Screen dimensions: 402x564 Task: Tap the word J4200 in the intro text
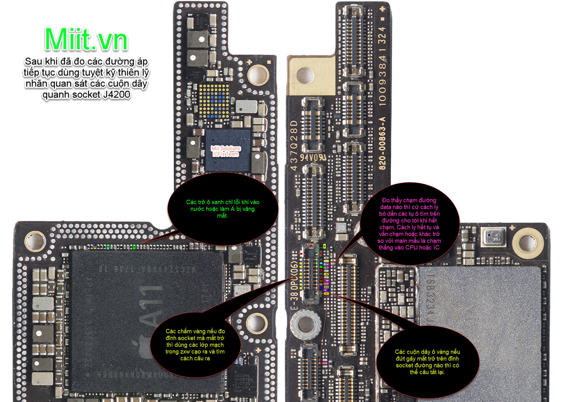pyautogui.click(x=116, y=95)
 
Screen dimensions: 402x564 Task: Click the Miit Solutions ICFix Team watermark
pyautogui.click(x=226, y=151)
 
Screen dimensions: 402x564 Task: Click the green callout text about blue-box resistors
pyautogui.click(x=223, y=209)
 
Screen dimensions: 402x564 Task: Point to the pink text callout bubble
pyautogui.click(x=409, y=224)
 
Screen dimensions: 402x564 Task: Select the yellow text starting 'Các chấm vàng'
pyautogui.click(x=195, y=345)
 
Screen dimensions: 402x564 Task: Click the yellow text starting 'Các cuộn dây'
pyautogui.click(x=427, y=362)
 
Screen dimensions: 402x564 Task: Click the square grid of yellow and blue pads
pyautogui.click(x=214, y=101)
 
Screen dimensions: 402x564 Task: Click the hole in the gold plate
pyautogui.click(x=305, y=75)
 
